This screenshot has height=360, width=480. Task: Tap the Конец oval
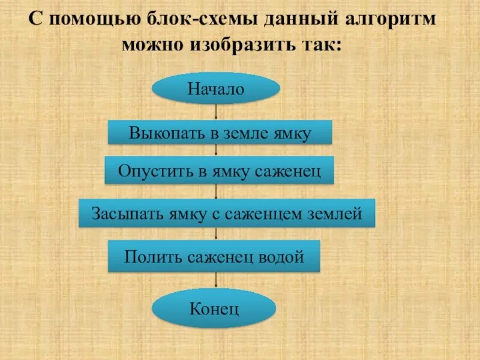[214, 310]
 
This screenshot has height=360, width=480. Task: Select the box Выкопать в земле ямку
[220, 133]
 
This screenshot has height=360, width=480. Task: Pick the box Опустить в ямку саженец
[219, 170]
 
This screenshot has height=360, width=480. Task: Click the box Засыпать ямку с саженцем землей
[227, 213]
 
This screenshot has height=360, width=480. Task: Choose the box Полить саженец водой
[214, 257]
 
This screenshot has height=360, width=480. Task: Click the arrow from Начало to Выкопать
[216, 112]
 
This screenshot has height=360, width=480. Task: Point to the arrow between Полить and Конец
[216, 281]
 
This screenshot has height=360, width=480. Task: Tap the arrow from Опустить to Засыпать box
[216, 191]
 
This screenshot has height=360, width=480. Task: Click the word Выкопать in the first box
[156, 133]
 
